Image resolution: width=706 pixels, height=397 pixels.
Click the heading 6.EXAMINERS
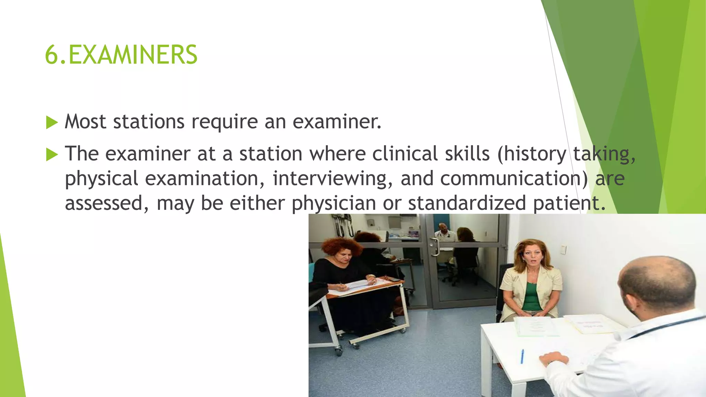(x=121, y=55)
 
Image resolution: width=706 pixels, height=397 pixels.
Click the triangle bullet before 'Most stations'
(x=52, y=122)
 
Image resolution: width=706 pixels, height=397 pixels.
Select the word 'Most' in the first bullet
(x=85, y=122)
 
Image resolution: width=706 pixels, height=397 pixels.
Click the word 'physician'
(x=334, y=203)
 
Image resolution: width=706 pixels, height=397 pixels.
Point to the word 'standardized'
(x=467, y=203)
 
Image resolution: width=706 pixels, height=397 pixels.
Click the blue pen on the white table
(x=522, y=356)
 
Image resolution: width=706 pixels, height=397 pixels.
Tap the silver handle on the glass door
(x=436, y=247)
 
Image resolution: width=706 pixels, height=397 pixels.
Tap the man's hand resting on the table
(x=554, y=359)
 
